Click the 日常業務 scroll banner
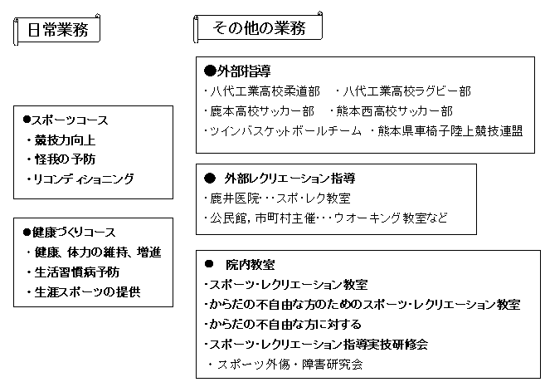click(x=57, y=30)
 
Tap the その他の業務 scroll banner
click(x=258, y=28)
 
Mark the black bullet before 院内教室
click(x=209, y=264)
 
